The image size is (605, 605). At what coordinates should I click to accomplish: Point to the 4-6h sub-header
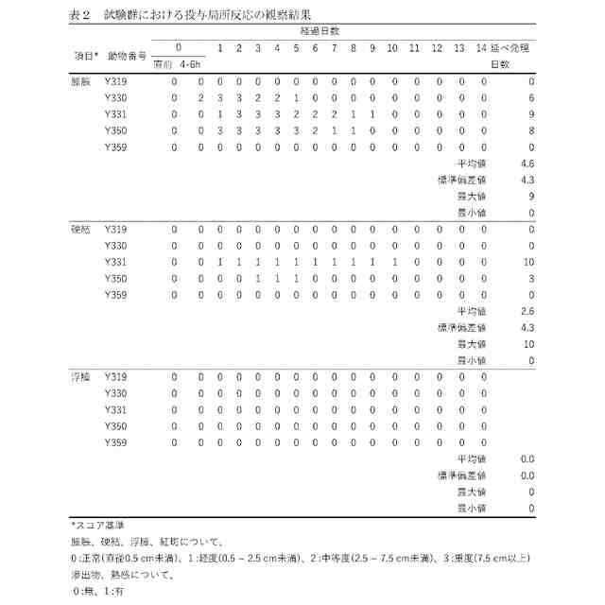tap(191, 64)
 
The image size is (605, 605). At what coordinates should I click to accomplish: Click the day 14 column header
tap(482, 48)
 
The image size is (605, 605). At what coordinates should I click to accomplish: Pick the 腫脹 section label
tap(79, 81)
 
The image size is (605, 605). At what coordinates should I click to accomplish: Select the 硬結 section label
tap(79, 230)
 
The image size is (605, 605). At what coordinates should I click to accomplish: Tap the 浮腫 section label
tap(79, 377)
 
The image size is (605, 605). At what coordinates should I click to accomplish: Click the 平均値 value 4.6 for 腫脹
tap(527, 164)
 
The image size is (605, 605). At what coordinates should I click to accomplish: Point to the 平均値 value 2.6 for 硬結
tap(527, 311)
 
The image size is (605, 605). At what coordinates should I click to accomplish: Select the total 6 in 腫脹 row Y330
tap(531, 98)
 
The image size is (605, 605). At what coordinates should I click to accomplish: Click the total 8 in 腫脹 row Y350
tap(531, 130)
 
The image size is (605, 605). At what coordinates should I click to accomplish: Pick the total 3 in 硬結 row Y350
tap(531, 278)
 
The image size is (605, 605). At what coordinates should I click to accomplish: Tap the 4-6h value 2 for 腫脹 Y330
tap(200, 98)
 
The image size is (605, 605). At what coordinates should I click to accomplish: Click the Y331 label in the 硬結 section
tap(114, 262)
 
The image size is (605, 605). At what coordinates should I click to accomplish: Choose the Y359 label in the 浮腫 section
tap(114, 442)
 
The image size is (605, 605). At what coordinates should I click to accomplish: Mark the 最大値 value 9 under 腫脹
tap(531, 197)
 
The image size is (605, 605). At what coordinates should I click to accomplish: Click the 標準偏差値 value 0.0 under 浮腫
tap(527, 475)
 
